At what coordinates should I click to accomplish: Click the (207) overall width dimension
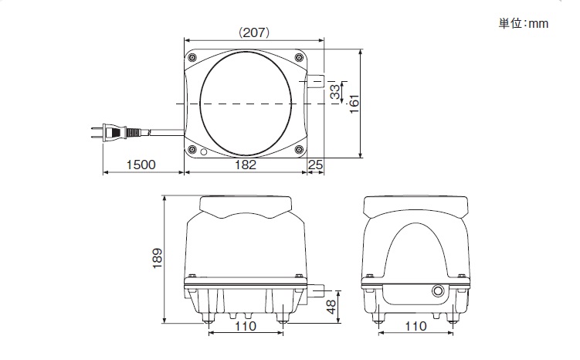[x=254, y=33]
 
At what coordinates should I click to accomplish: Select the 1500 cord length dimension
[x=141, y=165]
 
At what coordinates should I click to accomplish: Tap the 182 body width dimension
[x=246, y=165]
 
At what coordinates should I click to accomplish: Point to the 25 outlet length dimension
[x=316, y=165]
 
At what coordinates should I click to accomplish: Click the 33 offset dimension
[x=335, y=92]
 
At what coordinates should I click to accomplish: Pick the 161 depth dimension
[x=354, y=104]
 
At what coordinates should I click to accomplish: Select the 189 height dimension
[x=158, y=258]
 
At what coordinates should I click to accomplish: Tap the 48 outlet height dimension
[x=331, y=307]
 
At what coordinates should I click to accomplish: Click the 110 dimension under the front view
[x=246, y=326]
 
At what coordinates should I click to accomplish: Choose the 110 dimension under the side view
[x=415, y=326]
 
